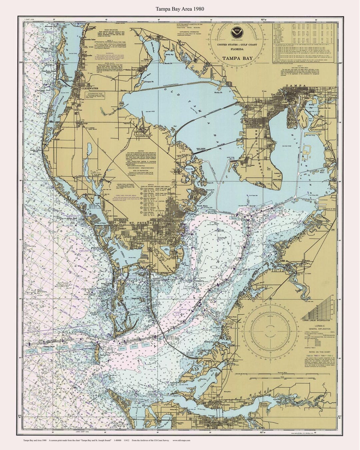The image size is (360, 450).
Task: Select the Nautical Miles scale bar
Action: pyautogui.click(x=319, y=375)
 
